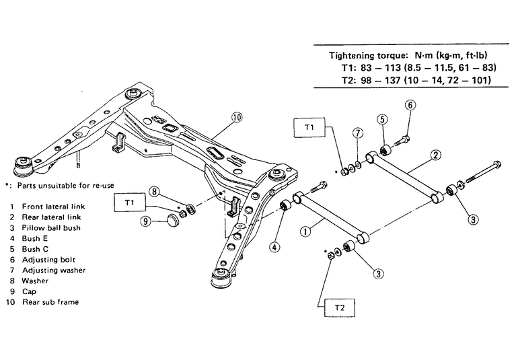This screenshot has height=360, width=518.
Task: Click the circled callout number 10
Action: pos(236,116)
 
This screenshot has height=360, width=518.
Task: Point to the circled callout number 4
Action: pos(275,246)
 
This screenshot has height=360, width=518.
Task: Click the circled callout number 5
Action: pos(381,120)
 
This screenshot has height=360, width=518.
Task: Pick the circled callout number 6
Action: pos(410,105)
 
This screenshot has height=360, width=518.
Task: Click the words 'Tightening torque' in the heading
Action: pos(364,55)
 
